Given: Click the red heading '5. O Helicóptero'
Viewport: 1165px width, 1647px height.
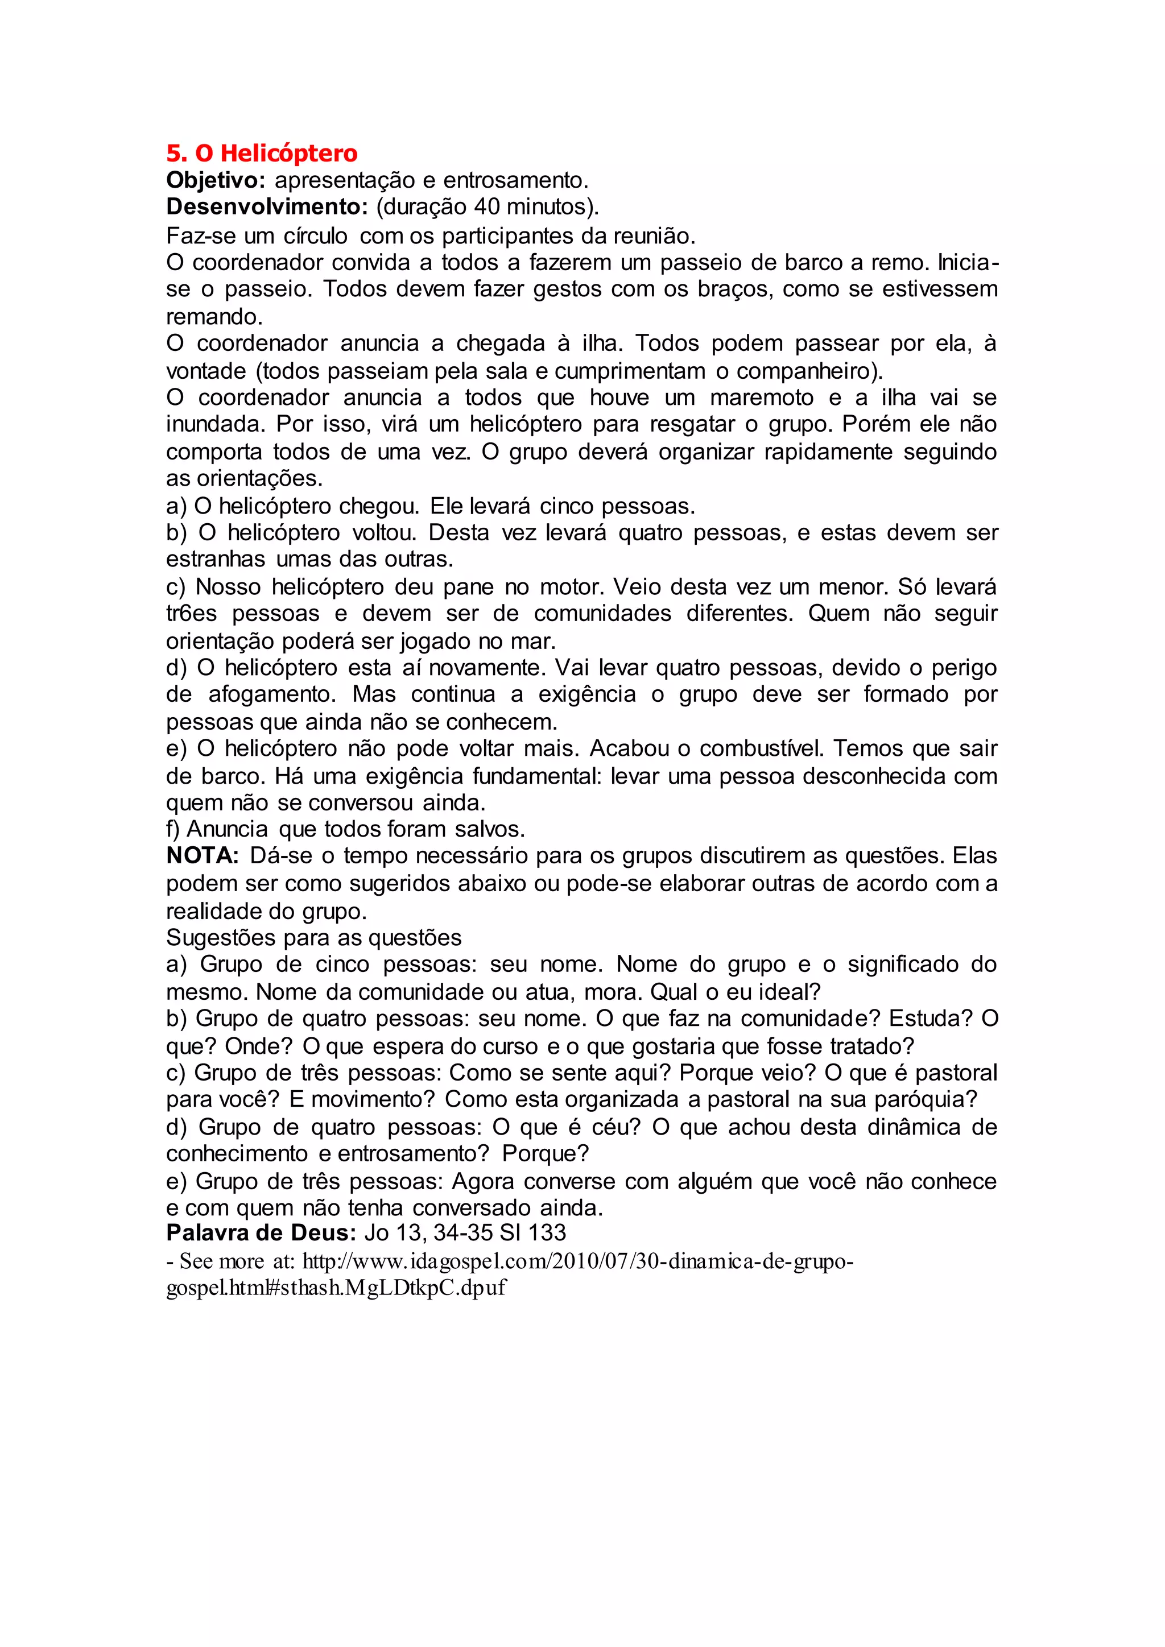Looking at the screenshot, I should tap(262, 153).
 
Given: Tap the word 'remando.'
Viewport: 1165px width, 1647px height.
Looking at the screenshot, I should tap(214, 316).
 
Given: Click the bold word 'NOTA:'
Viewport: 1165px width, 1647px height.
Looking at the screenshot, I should tap(203, 856).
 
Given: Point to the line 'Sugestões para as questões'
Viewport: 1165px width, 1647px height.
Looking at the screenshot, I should tap(314, 938).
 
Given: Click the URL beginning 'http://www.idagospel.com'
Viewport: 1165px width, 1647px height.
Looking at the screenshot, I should tap(577, 1261).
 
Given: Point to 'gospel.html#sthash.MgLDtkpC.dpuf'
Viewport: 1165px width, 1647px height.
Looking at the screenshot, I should tap(336, 1288).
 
